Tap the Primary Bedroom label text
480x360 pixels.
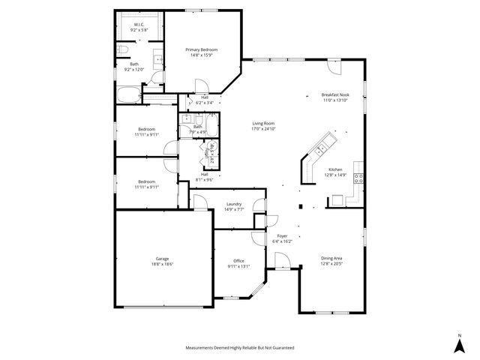(202, 49)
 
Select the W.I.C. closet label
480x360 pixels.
(139, 25)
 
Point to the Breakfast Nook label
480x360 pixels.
(334, 95)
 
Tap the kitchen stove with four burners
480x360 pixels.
(359, 178)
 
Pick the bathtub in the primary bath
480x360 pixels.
(128, 95)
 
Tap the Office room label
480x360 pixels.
(238, 261)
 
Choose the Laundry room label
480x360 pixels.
(233, 204)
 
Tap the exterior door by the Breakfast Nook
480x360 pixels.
(335, 67)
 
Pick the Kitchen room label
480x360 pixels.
(334, 169)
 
